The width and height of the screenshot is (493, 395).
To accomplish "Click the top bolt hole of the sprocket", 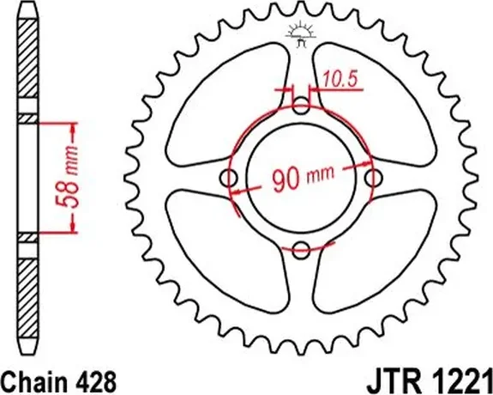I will pyautogui.click(x=300, y=107).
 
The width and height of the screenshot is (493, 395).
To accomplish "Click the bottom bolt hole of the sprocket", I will pyautogui.click(x=300, y=250).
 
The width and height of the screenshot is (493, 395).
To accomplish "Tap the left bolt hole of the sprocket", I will pyautogui.click(x=229, y=179).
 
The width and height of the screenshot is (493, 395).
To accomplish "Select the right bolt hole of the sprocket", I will pyautogui.click(x=372, y=179).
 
